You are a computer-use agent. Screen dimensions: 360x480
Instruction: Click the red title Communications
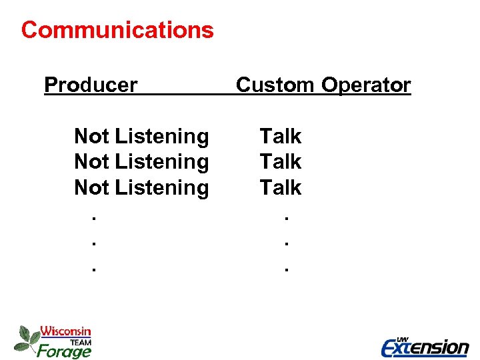[117, 30]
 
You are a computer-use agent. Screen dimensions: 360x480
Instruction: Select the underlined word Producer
[91, 85]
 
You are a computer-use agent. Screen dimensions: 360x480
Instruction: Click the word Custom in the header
[275, 85]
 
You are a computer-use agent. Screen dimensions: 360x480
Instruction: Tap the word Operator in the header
[366, 85]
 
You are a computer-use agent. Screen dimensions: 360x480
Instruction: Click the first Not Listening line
[141, 137]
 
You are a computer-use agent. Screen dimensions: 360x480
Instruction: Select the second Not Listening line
[141, 162]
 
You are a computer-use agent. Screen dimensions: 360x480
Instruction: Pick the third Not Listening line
[141, 188]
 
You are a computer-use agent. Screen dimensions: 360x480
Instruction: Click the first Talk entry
[281, 137]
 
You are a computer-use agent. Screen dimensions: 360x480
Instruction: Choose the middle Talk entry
[281, 162]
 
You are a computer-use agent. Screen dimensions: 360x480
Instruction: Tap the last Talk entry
[281, 188]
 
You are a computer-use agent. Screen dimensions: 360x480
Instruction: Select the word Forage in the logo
[65, 350]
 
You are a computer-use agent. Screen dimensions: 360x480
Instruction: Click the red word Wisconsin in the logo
[65, 331]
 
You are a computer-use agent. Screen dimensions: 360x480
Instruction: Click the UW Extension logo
[425, 346]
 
